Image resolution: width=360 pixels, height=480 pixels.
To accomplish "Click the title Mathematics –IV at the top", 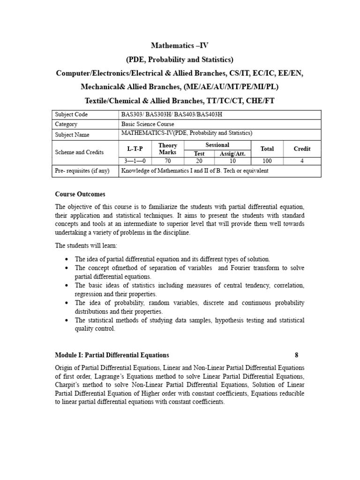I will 180,45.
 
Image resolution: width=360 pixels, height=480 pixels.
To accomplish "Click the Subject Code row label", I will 71,114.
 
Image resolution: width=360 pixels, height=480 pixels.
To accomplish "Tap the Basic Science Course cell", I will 147,124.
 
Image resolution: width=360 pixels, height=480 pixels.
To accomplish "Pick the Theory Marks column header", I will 168,149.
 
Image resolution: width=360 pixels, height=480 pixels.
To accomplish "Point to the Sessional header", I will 217,145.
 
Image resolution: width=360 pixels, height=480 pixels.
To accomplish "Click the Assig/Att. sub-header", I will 233,153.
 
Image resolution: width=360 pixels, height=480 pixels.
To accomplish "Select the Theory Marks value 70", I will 168,161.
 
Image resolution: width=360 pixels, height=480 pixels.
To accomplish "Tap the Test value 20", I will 200,161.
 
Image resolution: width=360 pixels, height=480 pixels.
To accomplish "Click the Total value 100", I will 267,161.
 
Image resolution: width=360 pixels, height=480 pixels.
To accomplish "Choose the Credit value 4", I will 302,161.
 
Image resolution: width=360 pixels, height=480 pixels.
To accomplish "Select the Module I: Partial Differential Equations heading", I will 112,355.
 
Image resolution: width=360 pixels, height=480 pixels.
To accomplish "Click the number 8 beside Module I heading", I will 296,355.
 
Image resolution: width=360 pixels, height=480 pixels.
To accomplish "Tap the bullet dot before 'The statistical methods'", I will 67,320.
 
